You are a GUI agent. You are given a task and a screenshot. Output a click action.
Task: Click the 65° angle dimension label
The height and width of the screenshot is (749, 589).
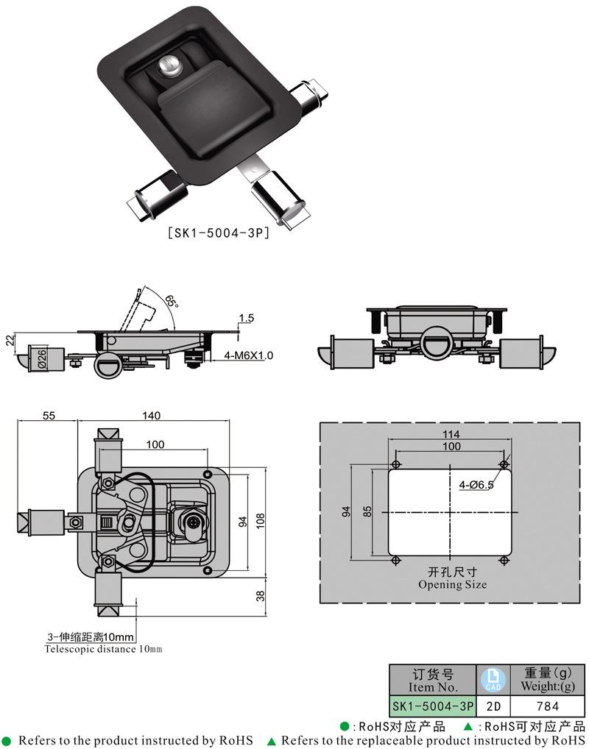[171, 302]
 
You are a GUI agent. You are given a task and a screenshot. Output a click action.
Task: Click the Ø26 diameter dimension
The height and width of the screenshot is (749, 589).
[42, 358]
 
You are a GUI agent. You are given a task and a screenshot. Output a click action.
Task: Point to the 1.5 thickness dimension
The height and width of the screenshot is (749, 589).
[246, 318]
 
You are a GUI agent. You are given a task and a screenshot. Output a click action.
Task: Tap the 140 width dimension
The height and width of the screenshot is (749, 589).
[151, 416]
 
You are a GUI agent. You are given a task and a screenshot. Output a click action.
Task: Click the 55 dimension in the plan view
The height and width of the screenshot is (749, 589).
[48, 416]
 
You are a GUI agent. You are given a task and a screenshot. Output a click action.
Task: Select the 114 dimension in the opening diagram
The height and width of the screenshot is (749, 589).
[451, 433]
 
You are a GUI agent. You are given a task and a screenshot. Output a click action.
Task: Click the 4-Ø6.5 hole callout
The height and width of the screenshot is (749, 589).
[476, 485]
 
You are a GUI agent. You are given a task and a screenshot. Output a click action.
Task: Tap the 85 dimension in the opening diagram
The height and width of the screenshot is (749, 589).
[368, 511]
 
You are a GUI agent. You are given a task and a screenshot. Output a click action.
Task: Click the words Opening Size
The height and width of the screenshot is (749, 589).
[452, 585]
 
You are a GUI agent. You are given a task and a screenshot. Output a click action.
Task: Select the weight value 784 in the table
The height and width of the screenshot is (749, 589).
[547, 706]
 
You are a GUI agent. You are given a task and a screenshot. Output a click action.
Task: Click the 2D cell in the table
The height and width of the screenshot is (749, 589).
[493, 706]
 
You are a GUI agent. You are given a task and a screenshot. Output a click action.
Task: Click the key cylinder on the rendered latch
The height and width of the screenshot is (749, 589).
[170, 66]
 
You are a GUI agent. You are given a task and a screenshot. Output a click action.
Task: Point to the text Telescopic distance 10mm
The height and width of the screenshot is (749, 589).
[103, 649]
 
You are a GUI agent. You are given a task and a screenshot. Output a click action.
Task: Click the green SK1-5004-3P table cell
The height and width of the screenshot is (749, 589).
[433, 706]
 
